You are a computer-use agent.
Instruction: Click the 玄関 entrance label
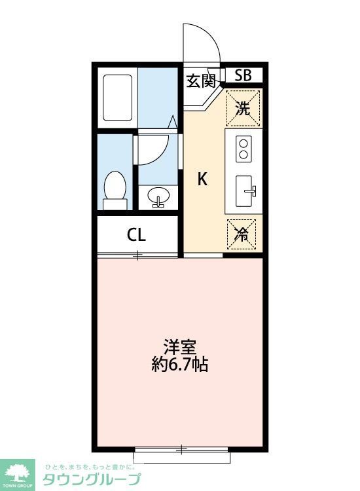pyautogui.click(x=200, y=81)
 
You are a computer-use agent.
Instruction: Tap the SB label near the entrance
pyautogui.click(x=243, y=75)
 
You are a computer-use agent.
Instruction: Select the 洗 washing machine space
pyautogui.click(x=243, y=108)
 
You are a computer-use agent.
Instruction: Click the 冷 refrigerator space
pyautogui.click(x=242, y=235)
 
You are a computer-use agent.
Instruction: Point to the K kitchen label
pyautogui.click(x=203, y=179)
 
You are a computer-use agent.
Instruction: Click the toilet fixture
pyautogui.click(x=115, y=189)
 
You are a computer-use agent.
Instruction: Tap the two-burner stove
pyautogui.click(x=243, y=149)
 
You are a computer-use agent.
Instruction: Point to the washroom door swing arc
pyautogui.click(x=154, y=149)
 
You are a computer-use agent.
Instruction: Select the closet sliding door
pyautogui.click(x=137, y=255)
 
